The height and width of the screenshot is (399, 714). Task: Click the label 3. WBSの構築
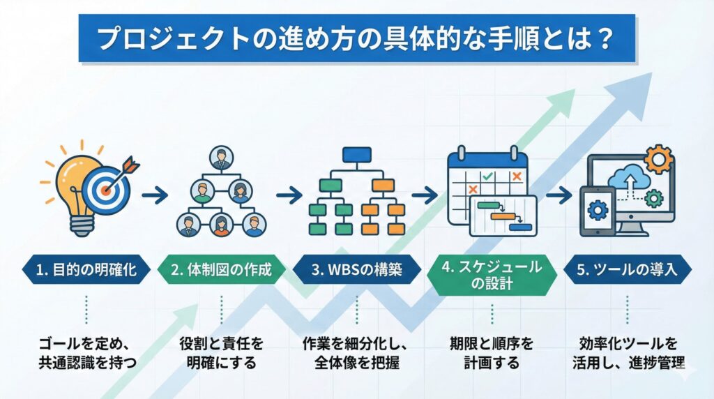point(356,270)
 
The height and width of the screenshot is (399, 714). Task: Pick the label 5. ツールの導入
point(630,270)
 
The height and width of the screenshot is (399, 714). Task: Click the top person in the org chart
point(221,157)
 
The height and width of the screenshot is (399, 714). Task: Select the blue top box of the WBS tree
point(356,156)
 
